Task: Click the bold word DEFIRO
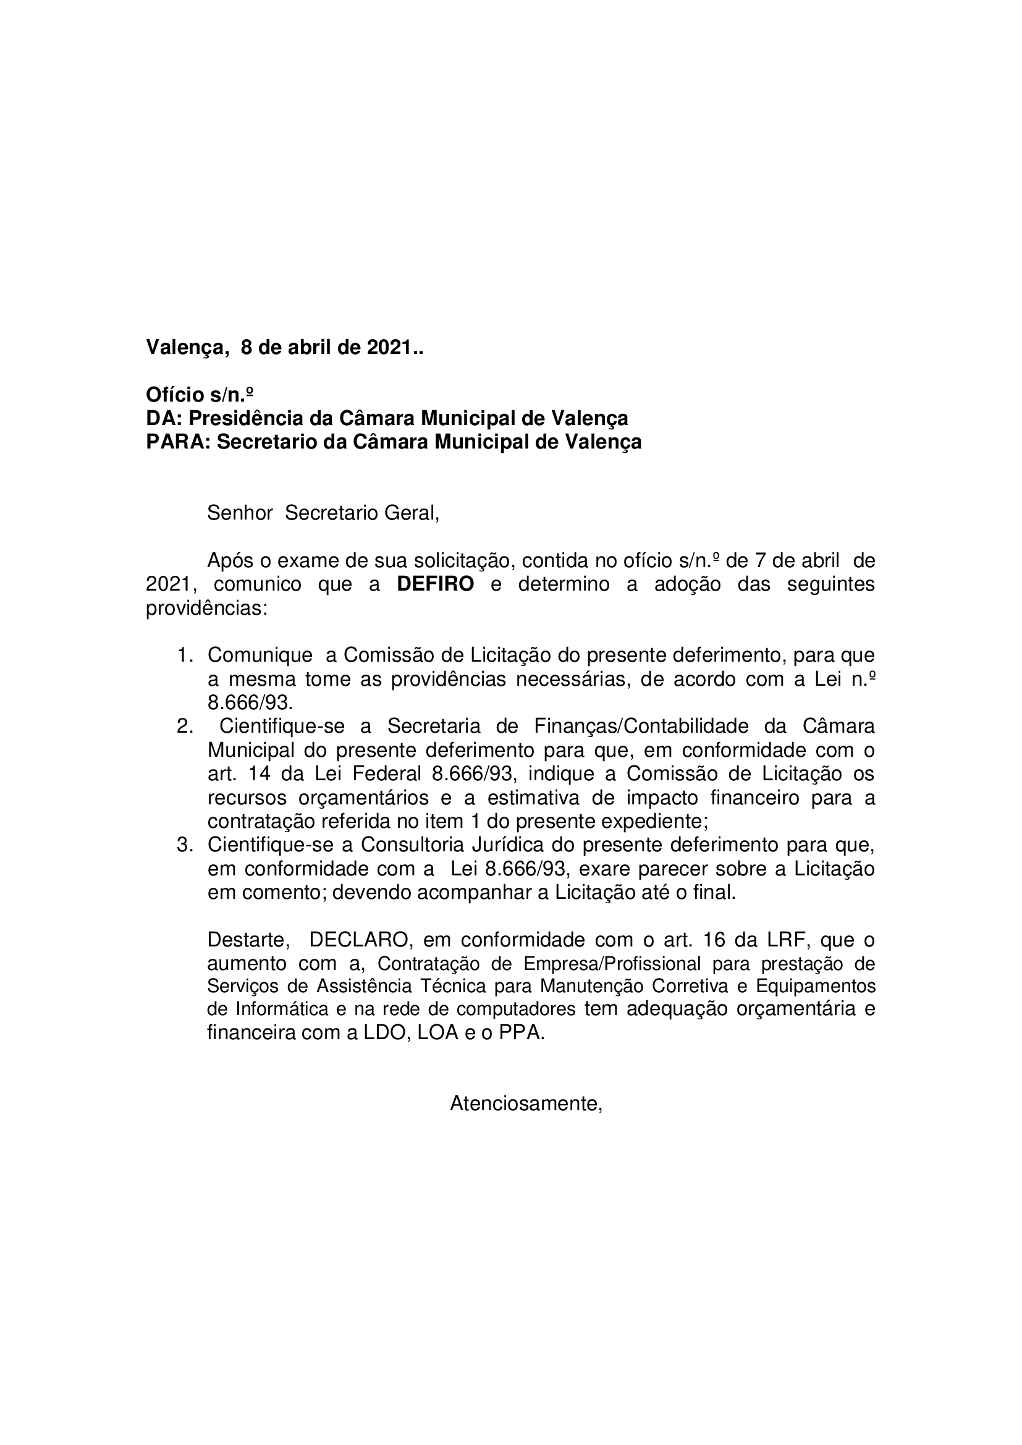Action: (x=435, y=584)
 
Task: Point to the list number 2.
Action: (x=184, y=727)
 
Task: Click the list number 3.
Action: (x=184, y=845)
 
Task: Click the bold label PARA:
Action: (x=178, y=442)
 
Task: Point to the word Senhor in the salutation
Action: (x=240, y=513)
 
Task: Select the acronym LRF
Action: (x=788, y=940)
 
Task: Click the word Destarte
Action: (x=248, y=940)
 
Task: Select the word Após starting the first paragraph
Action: (x=229, y=560)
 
